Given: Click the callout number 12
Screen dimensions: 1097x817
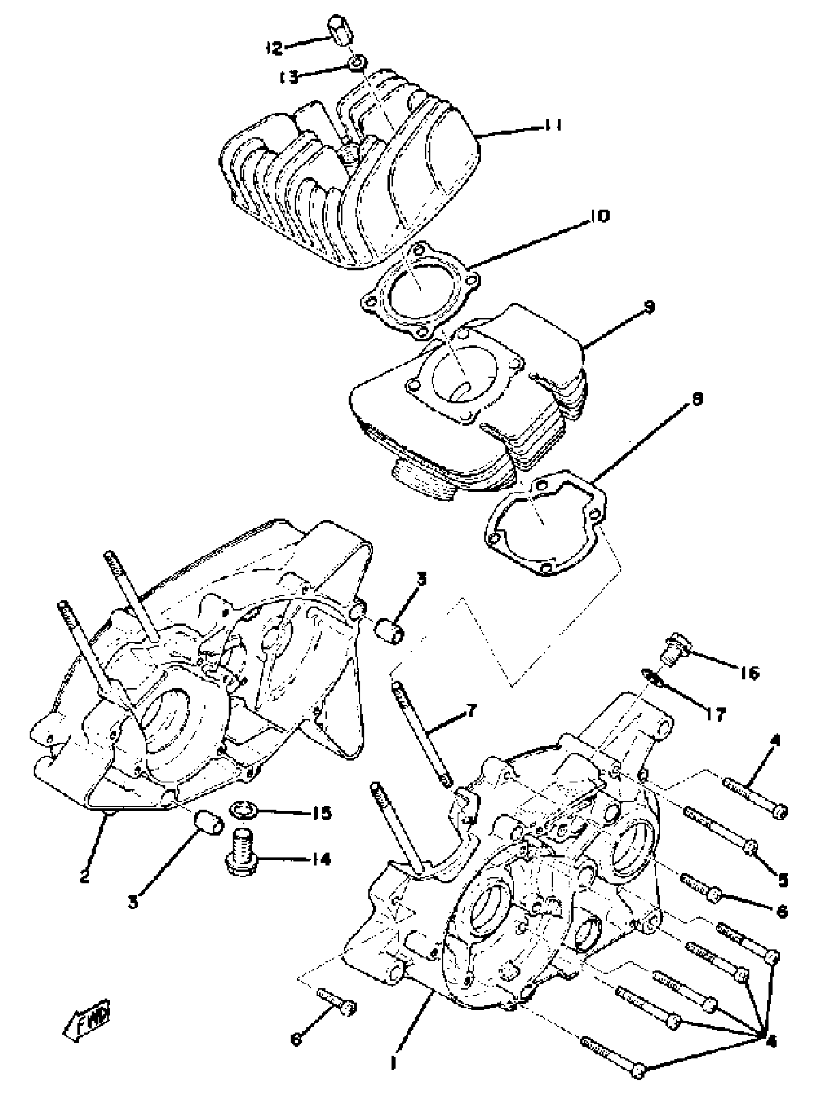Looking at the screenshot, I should click(x=273, y=48).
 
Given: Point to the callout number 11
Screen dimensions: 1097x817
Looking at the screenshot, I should click(x=552, y=126).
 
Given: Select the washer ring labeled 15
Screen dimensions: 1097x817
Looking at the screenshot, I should click(x=243, y=810).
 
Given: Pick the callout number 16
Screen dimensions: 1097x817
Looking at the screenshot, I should click(x=749, y=673).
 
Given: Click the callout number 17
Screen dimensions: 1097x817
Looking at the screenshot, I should click(x=716, y=714).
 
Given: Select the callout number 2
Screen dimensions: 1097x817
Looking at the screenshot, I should click(x=85, y=877).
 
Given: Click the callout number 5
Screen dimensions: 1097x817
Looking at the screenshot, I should click(x=782, y=880).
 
